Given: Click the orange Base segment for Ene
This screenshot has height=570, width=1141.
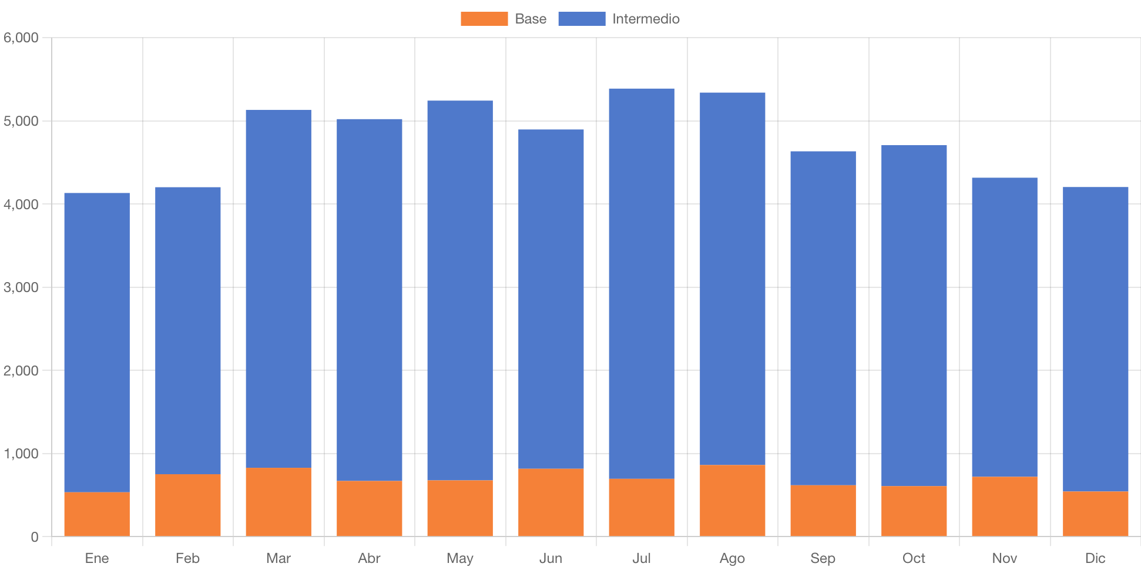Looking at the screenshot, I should pyautogui.click(x=97, y=514).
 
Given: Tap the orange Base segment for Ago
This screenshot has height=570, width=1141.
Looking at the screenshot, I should pyautogui.click(x=733, y=501).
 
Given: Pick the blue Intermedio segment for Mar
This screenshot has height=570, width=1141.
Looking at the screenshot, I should pyautogui.click(x=278, y=289).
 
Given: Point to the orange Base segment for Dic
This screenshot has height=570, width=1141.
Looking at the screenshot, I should pyautogui.click(x=1096, y=514).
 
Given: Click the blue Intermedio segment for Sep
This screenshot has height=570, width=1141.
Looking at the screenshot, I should pyautogui.click(x=823, y=318).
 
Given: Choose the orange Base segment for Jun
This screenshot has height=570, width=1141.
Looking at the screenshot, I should pyautogui.click(x=551, y=502).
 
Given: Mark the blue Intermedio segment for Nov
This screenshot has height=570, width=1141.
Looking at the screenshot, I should pyautogui.click(x=1005, y=327).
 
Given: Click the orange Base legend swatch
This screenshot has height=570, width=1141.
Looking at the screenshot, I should pyautogui.click(x=484, y=19).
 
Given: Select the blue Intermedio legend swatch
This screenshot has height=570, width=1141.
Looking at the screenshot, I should pyautogui.click(x=582, y=19).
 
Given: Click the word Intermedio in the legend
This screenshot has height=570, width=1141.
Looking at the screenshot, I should pyautogui.click(x=646, y=19).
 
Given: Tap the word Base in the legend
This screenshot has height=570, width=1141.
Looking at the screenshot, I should pyautogui.click(x=531, y=19).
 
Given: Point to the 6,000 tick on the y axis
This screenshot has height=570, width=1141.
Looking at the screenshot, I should pyautogui.click(x=21, y=38).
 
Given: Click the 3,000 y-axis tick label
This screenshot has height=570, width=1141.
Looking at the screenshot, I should pyautogui.click(x=21, y=287).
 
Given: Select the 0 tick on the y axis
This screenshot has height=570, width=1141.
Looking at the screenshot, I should pyautogui.click(x=35, y=537).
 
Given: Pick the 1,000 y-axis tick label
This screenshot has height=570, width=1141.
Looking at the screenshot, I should pyautogui.click(x=21, y=454).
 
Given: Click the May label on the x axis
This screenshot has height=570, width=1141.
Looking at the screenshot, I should pyautogui.click(x=460, y=558).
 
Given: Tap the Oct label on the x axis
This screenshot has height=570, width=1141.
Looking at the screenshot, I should pyautogui.click(x=914, y=558).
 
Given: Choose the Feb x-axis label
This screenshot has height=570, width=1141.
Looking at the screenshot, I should pyautogui.click(x=187, y=558).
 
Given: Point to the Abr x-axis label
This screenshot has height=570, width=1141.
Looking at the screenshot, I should pyautogui.click(x=369, y=558).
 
